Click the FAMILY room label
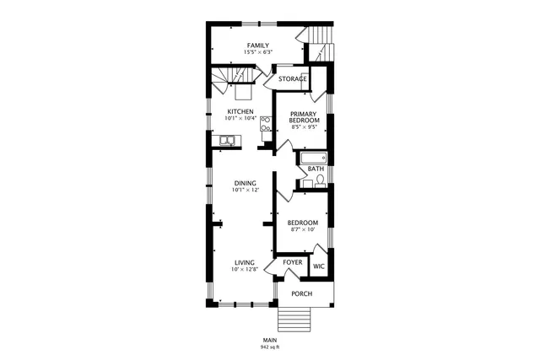[257, 45]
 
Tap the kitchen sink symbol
[227, 141]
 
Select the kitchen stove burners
[265, 125]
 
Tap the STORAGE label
[293, 79]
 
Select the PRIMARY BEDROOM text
[305, 117]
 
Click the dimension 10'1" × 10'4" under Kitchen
[240, 119]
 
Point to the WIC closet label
[318, 266]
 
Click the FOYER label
[292, 262]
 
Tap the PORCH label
[301, 293]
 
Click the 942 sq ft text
[270, 347]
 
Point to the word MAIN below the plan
[270, 340]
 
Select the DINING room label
[246, 183]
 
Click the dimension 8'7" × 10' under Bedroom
[303, 229]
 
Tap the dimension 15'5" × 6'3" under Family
[257, 52]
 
